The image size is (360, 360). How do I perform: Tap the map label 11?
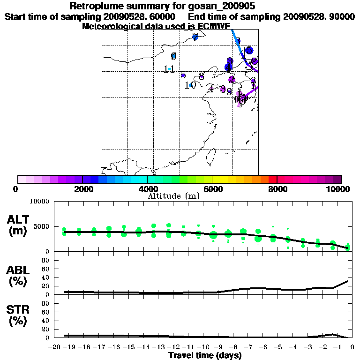[x=169, y=69]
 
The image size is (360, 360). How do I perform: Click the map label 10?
[x=190, y=85]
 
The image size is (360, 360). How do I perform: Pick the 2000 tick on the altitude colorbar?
[x=82, y=189]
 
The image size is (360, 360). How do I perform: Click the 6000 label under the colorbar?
[x=212, y=189]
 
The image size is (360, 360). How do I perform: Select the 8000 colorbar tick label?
[x=277, y=189]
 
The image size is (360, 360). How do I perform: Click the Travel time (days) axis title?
[x=205, y=356]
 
